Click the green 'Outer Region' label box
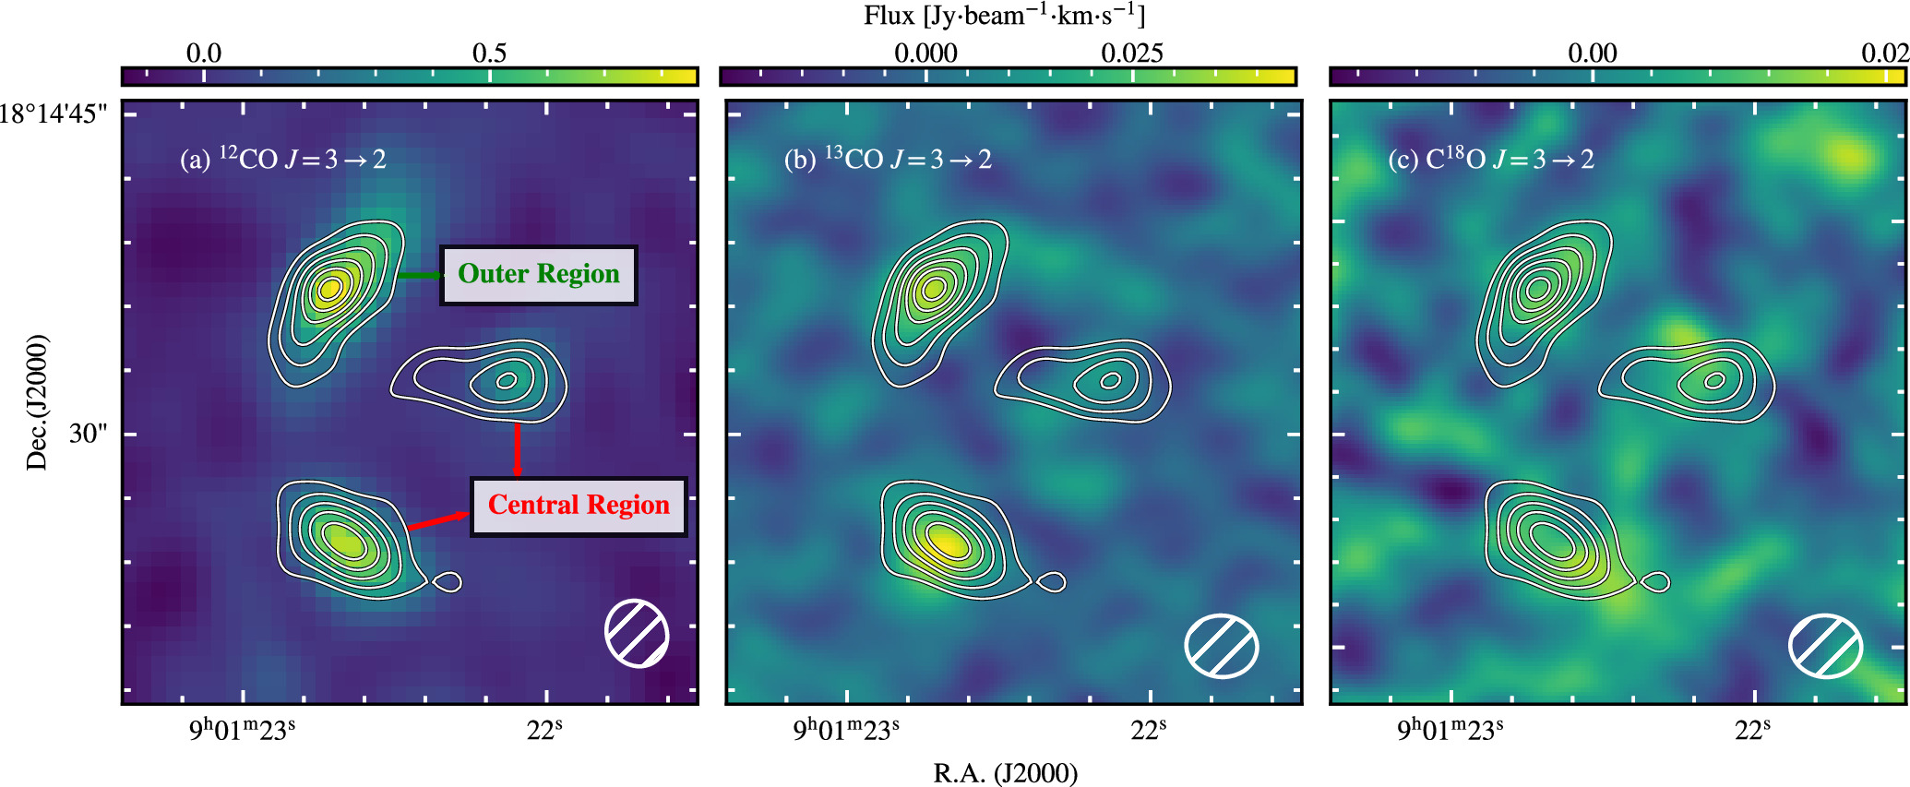539,275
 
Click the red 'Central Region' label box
579,506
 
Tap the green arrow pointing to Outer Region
419,275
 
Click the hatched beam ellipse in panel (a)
637,633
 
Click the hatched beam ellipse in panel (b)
1221,646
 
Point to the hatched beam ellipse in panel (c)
1825,646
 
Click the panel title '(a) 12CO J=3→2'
282,160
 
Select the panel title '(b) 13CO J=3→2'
888,160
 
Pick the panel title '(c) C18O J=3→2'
1491,160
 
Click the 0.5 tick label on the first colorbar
489,53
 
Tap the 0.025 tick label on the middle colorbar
1131,53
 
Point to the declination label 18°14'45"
54,113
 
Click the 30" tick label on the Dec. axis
89,434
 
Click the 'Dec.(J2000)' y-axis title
37,402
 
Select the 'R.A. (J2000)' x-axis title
1005,772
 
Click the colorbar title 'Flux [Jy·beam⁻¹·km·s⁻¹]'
1005,16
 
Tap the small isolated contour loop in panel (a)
448,582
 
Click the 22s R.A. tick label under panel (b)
1148,730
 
